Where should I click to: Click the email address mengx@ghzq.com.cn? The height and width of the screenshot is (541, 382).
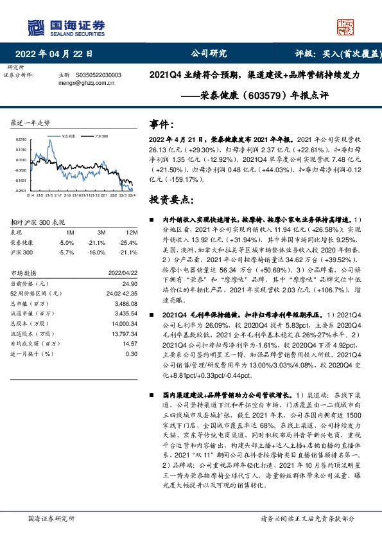pos(87,82)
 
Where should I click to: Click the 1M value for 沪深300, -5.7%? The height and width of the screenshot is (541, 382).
pos(66,253)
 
